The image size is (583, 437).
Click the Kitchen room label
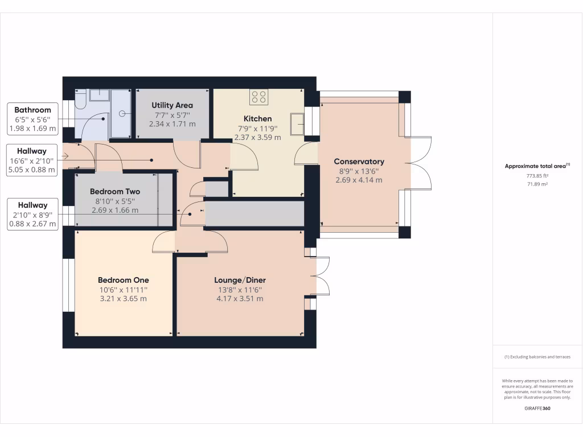click(257, 118)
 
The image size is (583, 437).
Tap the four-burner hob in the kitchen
click(258, 97)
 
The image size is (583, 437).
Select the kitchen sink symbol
click(297, 123)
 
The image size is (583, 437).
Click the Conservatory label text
click(359, 162)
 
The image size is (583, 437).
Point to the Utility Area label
click(172, 105)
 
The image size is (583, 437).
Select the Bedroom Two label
click(114, 192)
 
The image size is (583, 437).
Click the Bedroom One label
click(123, 280)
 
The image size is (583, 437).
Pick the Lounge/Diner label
click(240, 280)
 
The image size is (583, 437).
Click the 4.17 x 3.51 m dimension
click(240, 299)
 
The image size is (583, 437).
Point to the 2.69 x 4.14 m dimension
click(359, 180)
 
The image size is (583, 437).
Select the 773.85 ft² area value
click(537, 176)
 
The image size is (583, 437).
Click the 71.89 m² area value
click(537, 184)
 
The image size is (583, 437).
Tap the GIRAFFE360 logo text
click(537, 409)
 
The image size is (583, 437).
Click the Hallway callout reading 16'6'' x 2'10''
click(32, 160)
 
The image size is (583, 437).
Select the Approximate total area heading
click(537, 166)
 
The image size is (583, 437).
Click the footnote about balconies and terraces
click(537, 357)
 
